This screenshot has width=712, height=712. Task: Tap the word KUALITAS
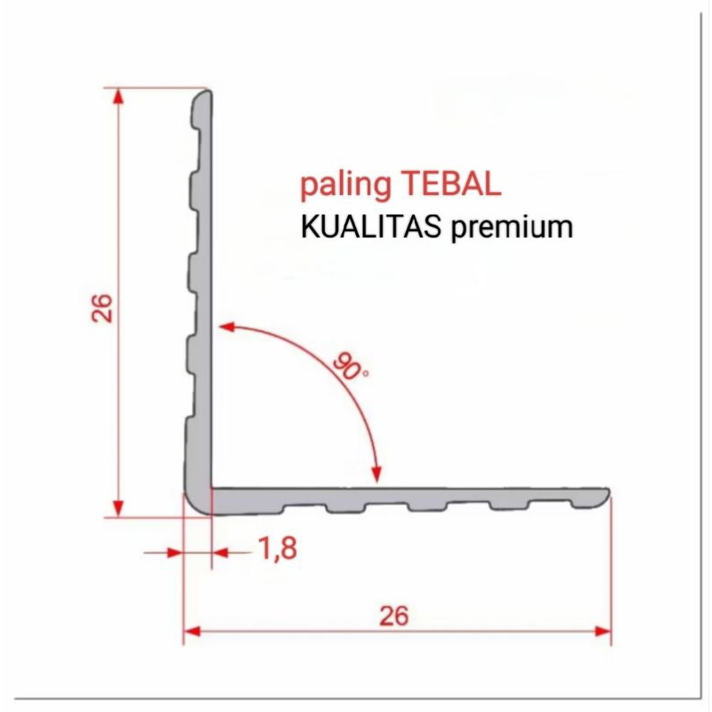tap(374, 226)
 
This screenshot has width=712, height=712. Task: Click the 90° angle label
tap(352, 366)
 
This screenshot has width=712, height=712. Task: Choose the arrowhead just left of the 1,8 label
tap(222, 553)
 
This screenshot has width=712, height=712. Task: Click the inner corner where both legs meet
tap(212, 487)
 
